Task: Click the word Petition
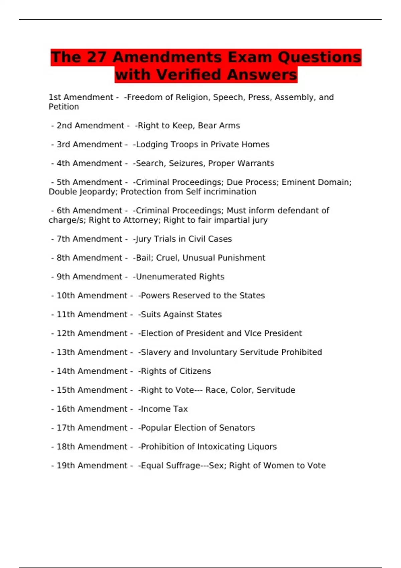(x=64, y=107)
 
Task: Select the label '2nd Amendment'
(x=90, y=126)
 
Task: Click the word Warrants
(x=255, y=163)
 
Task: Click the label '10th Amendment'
(x=92, y=296)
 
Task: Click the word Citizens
(x=195, y=371)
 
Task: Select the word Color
(x=240, y=390)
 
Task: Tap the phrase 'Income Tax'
(x=164, y=409)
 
